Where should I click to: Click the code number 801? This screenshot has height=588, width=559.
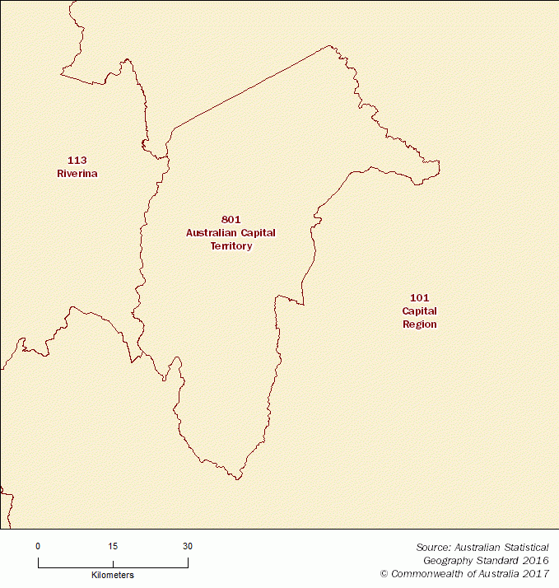(x=231, y=219)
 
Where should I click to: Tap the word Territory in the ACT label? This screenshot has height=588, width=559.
(x=231, y=246)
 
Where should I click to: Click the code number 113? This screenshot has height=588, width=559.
(x=77, y=160)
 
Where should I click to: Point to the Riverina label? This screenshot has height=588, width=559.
(x=77, y=174)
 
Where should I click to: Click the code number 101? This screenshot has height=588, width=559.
(x=419, y=297)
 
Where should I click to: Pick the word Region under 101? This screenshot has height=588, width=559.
(x=419, y=324)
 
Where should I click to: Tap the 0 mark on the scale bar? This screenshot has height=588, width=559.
(x=38, y=546)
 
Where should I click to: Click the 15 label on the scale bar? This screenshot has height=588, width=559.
(x=113, y=546)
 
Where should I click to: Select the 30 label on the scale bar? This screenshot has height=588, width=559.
(x=188, y=546)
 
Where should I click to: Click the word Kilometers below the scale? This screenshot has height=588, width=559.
(x=113, y=575)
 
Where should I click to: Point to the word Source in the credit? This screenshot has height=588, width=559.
(x=432, y=546)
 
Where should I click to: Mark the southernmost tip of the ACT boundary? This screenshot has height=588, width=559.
(x=238, y=478)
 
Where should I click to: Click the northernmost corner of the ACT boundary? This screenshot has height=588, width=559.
(x=330, y=46)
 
